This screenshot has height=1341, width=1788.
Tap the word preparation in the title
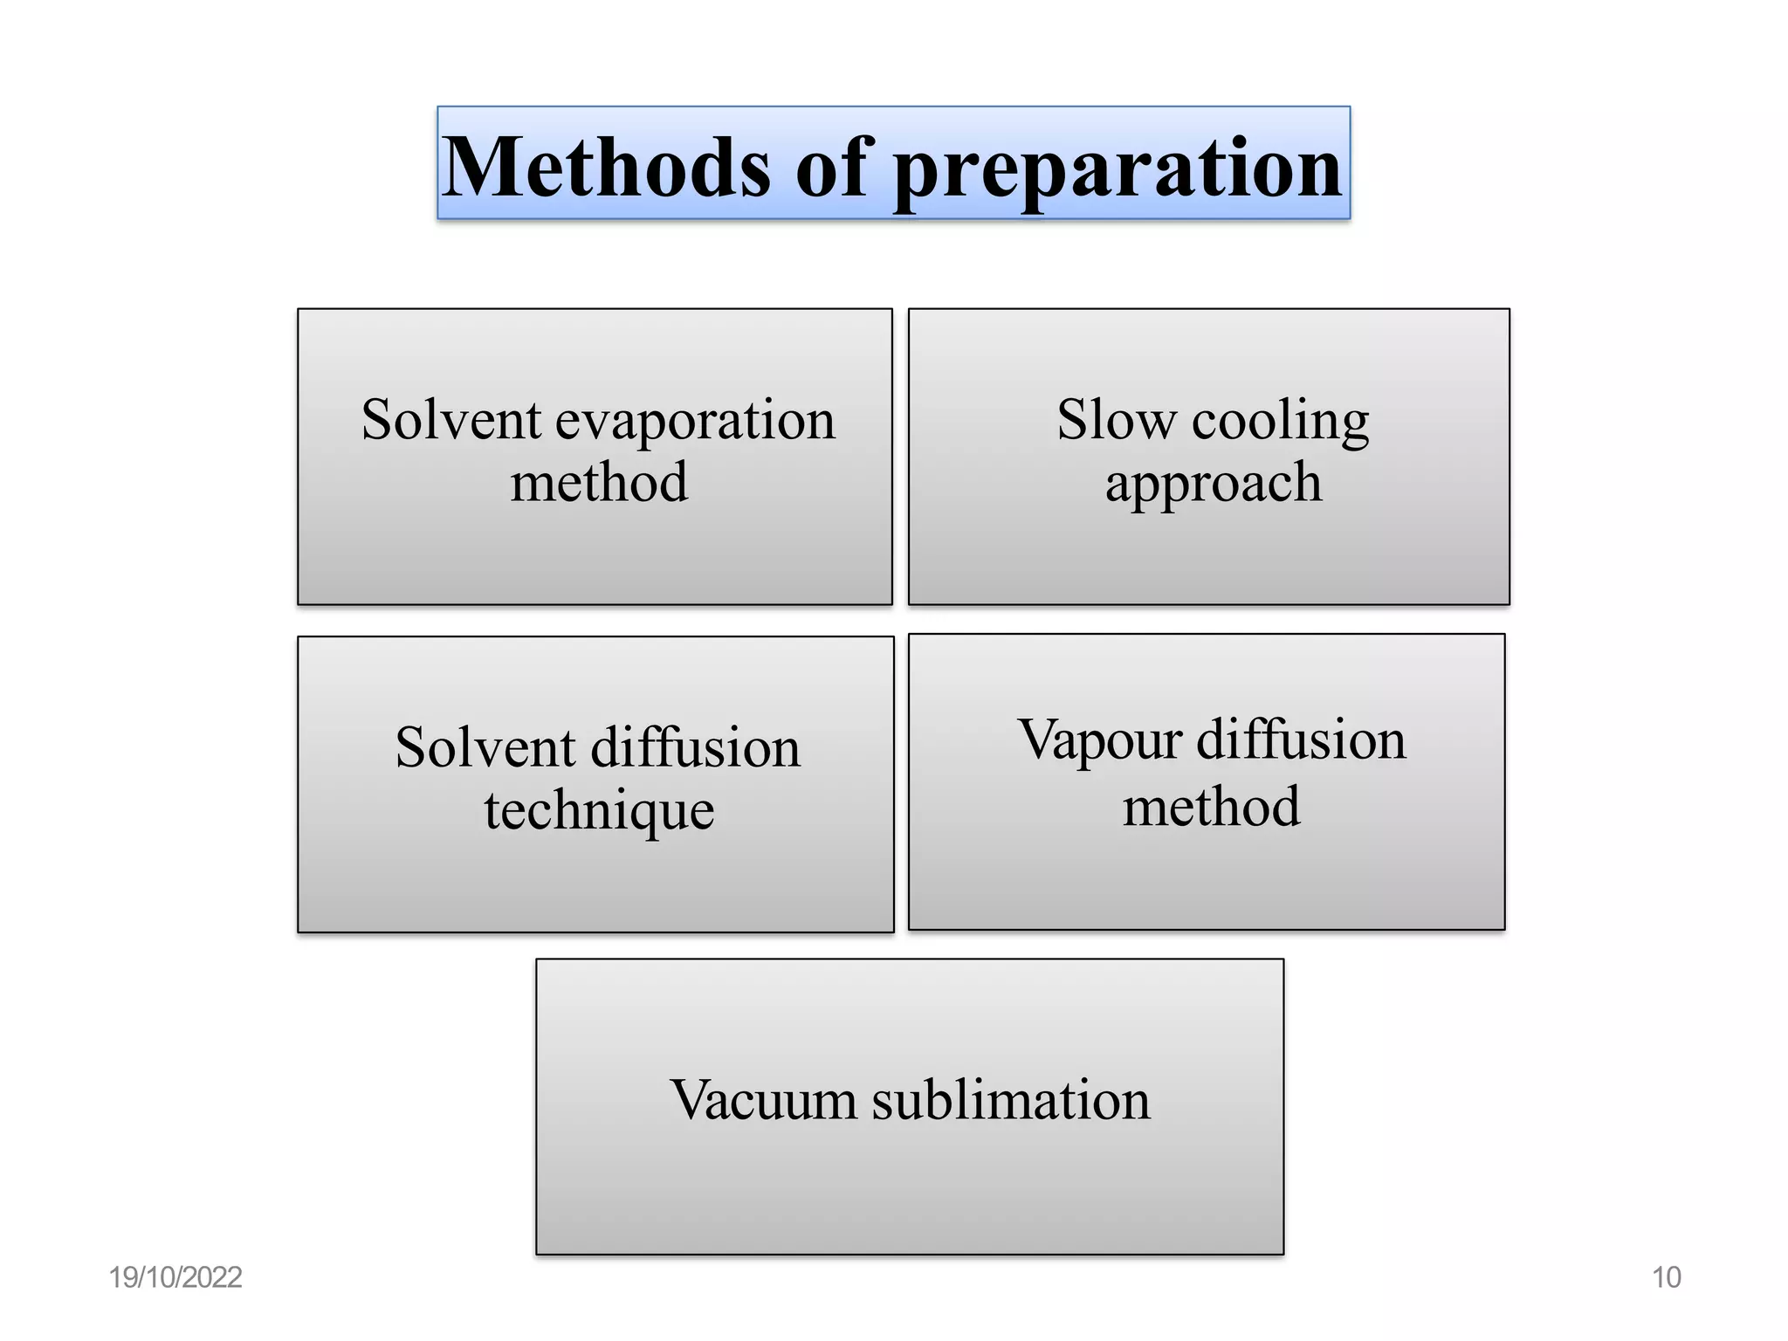coord(1117,170)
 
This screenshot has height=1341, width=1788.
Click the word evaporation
coord(695,421)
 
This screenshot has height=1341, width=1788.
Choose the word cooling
coord(1281,422)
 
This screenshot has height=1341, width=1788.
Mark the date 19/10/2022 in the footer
coord(175,1277)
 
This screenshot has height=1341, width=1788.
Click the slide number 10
coord(1666,1277)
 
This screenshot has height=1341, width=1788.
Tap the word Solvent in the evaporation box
coord(451,420)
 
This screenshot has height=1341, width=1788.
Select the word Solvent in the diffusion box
coord(485,748)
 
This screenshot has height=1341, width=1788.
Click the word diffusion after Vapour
coord(1301,740)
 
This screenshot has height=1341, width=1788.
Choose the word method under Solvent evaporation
coord(599,483)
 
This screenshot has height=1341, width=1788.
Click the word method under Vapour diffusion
coord(1211,807)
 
